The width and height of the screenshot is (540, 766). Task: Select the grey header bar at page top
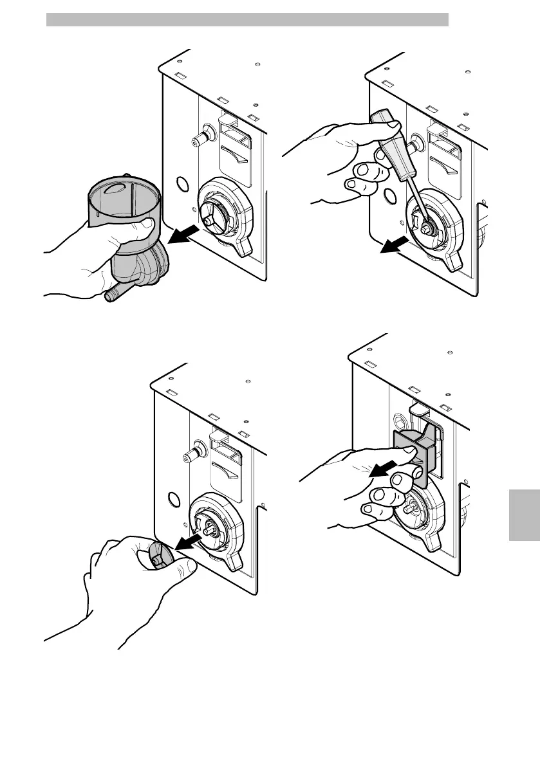tap(247, 19)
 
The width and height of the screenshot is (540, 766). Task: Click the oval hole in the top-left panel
tap(182, 185)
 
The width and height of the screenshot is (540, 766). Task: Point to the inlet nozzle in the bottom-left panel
tap(192, 450)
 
